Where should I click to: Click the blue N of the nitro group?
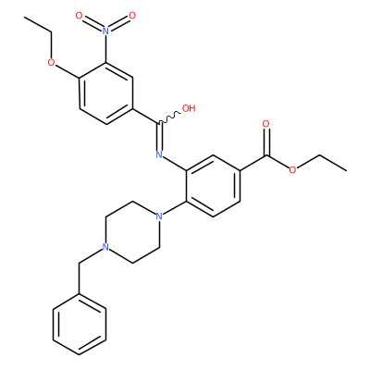[x=105, y=31]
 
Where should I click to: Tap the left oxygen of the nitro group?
[x=80, y=16]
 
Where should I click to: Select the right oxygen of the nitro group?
[x=132, y=16]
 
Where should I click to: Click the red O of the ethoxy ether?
[x=53, y=63]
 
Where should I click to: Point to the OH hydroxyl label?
[x=189, y=108]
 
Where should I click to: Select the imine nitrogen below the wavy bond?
[x=159, y=154]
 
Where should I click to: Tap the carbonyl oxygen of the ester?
[x=265, y=124]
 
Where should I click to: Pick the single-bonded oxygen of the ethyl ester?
[x=292, y=170]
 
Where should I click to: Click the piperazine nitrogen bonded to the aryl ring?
[x=159, y=216]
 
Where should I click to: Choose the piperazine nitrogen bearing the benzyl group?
[x=105, y=247]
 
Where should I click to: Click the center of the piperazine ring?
[x=132, y=231]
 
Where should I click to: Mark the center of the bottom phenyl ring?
[x=80, y=324]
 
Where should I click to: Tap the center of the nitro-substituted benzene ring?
[x=105, y=92]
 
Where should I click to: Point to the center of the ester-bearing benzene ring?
[x=213, y=185]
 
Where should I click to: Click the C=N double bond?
[x=159, y=137]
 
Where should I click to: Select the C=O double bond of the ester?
[x=265, y=142]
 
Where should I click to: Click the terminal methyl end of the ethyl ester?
[x=346, y=170]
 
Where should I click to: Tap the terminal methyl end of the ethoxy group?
[x=26, y=17]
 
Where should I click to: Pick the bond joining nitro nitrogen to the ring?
[x=105, y=49]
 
